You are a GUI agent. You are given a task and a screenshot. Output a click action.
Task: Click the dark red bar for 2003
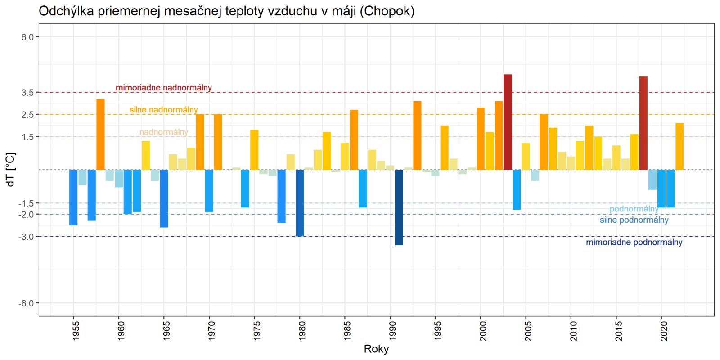tap(508, 122)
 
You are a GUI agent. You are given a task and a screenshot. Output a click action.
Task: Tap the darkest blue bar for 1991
tap(399, 207)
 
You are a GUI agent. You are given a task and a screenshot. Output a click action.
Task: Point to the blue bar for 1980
tap(300, 203)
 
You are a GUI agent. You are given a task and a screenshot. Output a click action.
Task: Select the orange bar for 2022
tap(679, 146)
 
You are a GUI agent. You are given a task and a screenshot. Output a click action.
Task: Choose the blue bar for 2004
tap(517, 189)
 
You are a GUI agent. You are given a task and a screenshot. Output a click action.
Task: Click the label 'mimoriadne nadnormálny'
tap(164, 88)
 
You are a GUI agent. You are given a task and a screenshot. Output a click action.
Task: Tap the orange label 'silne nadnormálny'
tap(164, 110)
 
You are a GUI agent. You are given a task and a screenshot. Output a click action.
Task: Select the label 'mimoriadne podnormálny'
tap(634, 243)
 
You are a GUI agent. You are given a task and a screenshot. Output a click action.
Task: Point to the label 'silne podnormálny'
tap(634, 220)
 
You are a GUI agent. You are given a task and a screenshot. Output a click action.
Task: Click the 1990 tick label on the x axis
tap(392, 331)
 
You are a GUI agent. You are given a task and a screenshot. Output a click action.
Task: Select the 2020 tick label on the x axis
tap(664, 331)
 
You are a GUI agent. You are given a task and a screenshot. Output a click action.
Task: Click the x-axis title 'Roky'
tap(376, 349)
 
